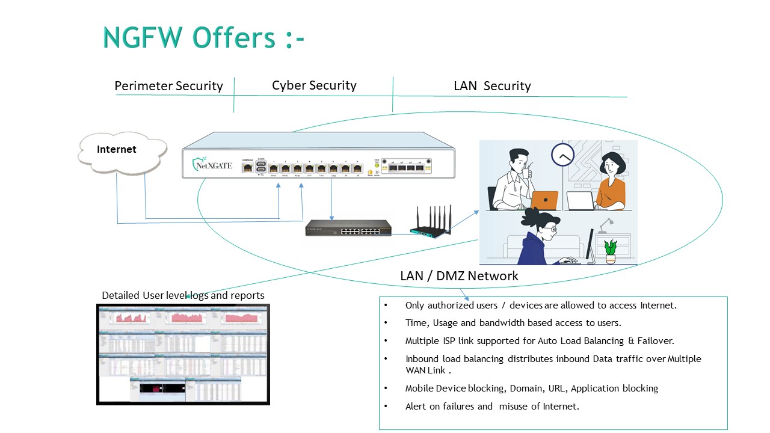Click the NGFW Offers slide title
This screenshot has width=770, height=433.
tap(204, 37)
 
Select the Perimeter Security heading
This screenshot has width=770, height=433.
tap(168, 86)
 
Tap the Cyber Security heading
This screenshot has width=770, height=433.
tap(314, 85)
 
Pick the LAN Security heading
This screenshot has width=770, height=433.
tap(492, 86)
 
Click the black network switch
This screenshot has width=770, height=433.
tap(348, 227)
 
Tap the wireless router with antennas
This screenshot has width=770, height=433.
tap(431, 223)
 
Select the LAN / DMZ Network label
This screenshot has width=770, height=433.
tap(459, 276)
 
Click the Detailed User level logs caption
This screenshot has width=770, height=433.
tap(183, 295)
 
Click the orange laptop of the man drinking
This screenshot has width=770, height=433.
tap(543, 200)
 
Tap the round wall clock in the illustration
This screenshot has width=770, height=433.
tap(563, 155)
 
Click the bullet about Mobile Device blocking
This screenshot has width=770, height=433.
tap(531, 388)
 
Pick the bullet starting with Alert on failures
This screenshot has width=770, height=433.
tap(491, 406)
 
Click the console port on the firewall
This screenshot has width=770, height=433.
tap(247, 168)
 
